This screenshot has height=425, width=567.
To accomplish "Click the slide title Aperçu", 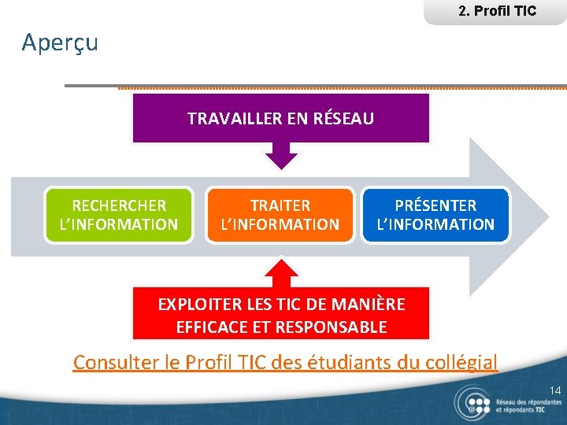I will tap(60, 42).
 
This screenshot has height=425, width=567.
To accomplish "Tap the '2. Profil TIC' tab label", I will tap(496, 11).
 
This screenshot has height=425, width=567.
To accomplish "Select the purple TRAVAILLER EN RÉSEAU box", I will tap(280, 119).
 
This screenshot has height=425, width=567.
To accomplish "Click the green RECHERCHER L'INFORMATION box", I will tap(119, 215).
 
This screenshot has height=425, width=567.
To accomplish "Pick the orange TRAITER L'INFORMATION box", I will tap(280, 215).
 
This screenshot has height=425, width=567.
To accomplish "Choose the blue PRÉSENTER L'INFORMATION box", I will tap(435, 215).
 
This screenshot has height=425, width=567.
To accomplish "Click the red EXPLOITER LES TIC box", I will tap(281, 315).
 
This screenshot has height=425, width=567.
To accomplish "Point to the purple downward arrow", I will tap(281, 156).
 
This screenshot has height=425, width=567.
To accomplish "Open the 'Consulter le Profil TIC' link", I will tap(285, 363).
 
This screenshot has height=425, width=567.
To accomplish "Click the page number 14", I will tap(555, 390).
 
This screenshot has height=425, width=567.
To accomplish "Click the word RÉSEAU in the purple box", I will tap(343, 119).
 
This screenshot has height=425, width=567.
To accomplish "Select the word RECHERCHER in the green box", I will tap(119, 205).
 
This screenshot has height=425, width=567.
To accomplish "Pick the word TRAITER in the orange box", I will tap(280, 205).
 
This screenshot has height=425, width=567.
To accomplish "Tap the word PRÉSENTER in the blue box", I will tap(435, 205).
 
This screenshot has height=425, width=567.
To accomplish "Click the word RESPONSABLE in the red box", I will tap(336, 327).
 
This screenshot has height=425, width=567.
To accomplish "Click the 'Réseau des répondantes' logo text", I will tap(528, 401).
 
